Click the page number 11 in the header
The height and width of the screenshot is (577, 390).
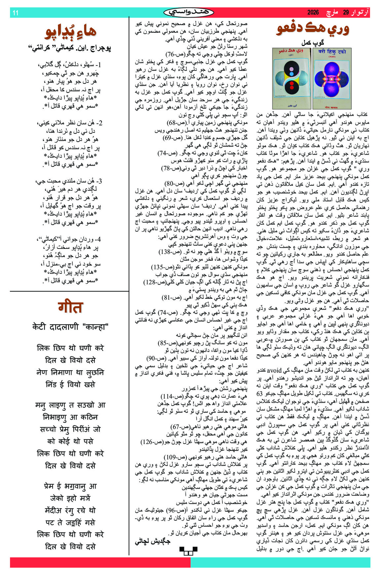[15, 13]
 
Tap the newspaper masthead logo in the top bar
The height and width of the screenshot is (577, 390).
[188, 13]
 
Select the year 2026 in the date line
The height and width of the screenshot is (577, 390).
[313, 13]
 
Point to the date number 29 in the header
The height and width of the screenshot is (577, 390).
[346, 13]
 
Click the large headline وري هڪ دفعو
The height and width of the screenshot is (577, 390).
[313, 29]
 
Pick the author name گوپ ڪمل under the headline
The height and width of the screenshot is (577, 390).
[313, 43]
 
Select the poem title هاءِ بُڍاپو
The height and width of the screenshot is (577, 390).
[70, 32]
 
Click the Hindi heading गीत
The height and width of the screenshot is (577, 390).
[70, 307]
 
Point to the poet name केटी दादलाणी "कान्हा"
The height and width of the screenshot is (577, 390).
[70, 327]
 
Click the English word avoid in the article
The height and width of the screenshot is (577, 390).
[274, 370]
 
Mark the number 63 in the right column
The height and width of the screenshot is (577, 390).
[260, 393]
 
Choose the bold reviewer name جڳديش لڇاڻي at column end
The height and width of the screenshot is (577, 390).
[152, 541]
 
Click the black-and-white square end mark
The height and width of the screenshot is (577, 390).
[188, 551]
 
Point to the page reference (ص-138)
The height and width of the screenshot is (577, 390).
[171, 252]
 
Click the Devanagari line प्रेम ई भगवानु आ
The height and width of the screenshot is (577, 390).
[70, 486]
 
